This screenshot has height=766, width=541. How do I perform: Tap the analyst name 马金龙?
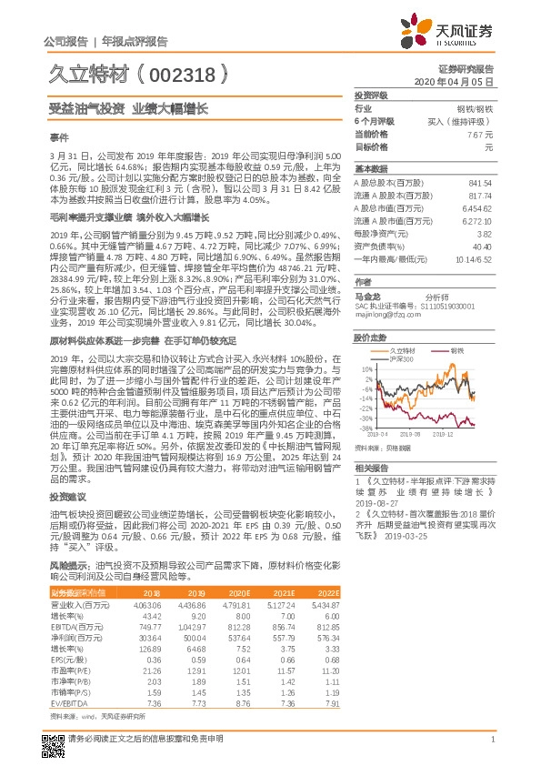click(367, 296)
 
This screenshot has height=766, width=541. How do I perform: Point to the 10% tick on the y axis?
click(366, 369)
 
